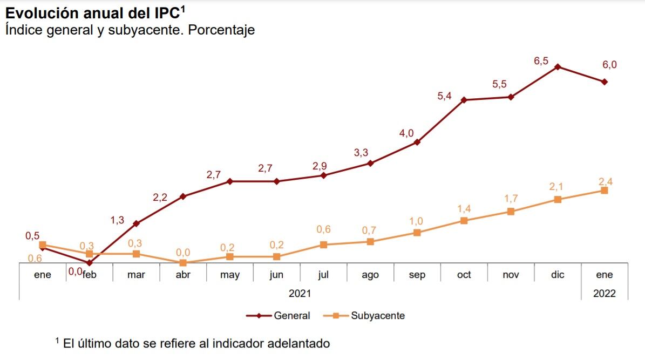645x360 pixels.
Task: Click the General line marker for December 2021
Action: [x=558, y=67]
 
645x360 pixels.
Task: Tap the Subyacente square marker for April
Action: [x=183, y=263]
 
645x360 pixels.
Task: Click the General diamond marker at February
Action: [x=90, y=263]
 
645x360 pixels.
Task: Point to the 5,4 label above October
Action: [x=444, y=96]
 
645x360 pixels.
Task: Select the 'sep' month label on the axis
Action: [x=417, y=275]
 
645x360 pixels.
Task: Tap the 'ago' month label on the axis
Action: [x=370, y=275]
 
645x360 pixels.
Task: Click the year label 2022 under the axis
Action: [x=604, y=294]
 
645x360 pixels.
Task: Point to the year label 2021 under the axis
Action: [x=300, y=294]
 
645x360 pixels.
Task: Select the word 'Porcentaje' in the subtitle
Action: [x=221, y=30]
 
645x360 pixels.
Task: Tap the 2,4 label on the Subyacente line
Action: [x=606, y=181]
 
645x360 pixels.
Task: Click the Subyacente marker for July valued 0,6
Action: [x=323, y=244]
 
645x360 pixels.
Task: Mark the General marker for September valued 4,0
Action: [x=417, y=142]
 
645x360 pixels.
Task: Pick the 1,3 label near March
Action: [x=117, y=220]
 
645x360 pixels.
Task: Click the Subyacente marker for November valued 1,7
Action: [x=511, y=212]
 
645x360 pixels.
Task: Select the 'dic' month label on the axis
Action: [x=558, y=275]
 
